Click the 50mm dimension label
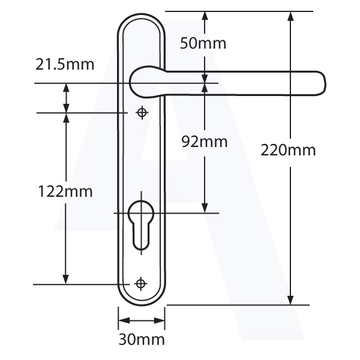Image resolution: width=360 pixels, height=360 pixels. (x=203, y=43)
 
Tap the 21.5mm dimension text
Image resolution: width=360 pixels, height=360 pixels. (x=65, y=65)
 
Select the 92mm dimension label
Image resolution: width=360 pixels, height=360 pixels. (x=205, y=142)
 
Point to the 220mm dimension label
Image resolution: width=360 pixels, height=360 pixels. (x=288, y=151)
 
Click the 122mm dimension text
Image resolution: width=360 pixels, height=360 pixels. (x=65, y=191)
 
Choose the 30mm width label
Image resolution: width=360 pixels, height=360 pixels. (x=142, y=340)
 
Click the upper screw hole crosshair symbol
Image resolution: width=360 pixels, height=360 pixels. (x=142, y=113)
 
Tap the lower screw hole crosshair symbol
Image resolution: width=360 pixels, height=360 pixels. (x=141, y=284)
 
